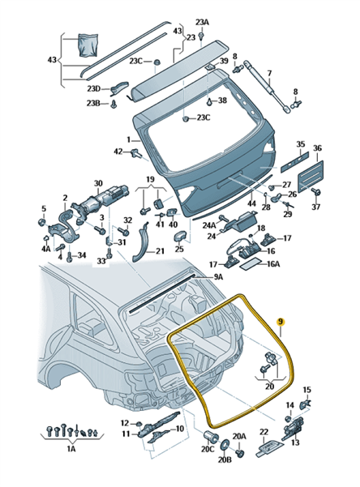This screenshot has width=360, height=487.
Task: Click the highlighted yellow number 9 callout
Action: tap(281, 322)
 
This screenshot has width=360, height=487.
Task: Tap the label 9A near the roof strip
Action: tap(218, 276)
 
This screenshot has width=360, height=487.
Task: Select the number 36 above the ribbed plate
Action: tap(317, 148)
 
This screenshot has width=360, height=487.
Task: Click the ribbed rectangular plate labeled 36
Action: tap(311, 176)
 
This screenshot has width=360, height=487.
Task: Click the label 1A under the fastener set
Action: tap(71, 449)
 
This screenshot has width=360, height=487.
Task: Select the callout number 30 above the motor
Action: tap(98, 183)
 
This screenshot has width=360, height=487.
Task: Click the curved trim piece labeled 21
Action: tap(141, 242)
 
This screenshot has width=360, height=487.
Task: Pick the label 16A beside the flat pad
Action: tap(273, 264)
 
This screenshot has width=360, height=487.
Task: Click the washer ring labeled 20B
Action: tap(224, 445)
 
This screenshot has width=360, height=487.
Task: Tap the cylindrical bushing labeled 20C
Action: tap(209, 437)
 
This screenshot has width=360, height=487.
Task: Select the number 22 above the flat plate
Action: tap(264, 431)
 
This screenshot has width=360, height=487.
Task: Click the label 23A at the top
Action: tap(203, 23)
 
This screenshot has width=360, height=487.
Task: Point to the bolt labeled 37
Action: tap(317, 192)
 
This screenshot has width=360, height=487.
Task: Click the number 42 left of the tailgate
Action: tap(118, 152)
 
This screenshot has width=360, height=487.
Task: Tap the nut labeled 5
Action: tap(41, 222)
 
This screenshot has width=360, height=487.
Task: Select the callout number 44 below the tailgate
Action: tap(251, 203)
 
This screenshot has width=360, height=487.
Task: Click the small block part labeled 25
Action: tap(180, 236)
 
